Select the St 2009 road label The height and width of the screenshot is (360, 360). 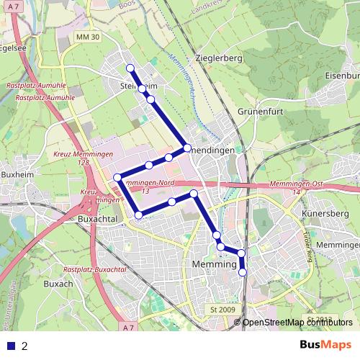(x=223, y=310)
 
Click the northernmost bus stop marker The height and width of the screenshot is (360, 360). (x=130, y=68)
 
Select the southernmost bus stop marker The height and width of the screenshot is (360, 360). (x=243, y=272)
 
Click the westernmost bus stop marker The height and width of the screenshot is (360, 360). (x=117, y=178)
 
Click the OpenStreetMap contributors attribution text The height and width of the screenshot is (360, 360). (x=297, y=323)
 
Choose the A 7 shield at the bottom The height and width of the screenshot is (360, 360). (x=128, y=328)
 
